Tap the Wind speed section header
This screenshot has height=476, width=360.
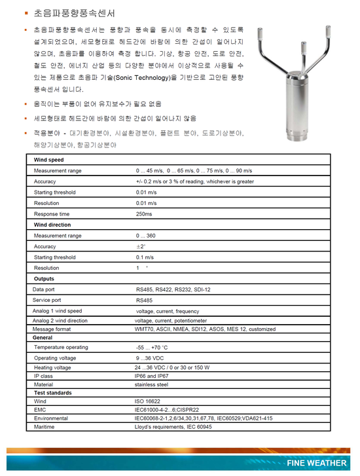pos(49,160)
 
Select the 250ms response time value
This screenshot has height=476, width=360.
pos(145,214)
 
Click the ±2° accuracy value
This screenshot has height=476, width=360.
pos(140,246)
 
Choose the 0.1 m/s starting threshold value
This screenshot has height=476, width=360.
pos(145,257)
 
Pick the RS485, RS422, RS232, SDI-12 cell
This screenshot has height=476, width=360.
pos(174,289)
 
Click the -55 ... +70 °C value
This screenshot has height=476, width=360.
pos(152,347)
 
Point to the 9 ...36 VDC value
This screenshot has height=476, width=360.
pos(150,358)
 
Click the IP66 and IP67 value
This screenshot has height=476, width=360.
pos(152,376)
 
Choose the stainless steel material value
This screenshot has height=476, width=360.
pos(152,384)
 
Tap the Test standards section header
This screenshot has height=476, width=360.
pos(53,392)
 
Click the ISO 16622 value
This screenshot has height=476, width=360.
pos(147,401)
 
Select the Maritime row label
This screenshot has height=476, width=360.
pos(45,426)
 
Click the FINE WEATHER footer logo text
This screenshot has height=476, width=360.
pos(316,464)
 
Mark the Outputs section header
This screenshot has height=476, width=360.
pos(44,279)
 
